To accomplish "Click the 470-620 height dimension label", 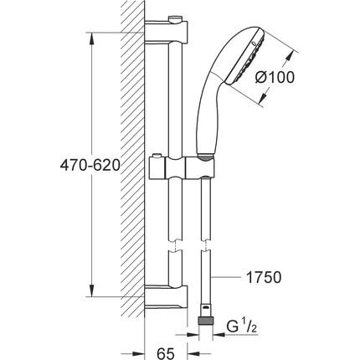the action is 90,166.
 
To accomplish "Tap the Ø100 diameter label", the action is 275,77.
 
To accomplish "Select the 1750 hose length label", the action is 264,277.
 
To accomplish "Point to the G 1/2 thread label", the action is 241,327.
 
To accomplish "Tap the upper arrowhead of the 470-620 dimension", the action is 91,39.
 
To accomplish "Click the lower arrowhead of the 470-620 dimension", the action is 91,291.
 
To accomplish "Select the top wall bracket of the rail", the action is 167,31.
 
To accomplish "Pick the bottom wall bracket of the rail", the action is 167,297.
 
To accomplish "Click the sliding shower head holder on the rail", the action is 183,167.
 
